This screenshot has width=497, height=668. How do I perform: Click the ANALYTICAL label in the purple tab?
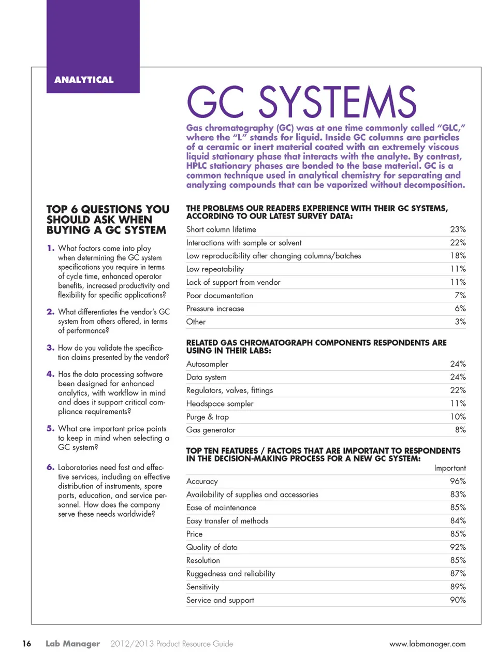pos(84,80)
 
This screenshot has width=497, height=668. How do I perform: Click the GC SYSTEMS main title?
pos(301,102)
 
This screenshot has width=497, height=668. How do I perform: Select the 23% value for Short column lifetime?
pos(458,229)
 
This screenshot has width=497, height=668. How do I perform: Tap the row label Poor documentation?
pos(220,296)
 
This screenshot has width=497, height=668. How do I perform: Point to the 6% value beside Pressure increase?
pos(460,309)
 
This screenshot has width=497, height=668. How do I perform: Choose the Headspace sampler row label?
pos(220,404)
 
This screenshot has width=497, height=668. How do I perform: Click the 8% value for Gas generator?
pos(460,430)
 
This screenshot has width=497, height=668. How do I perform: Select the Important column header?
pos(449,468)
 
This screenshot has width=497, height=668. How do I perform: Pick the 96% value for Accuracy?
pos(458,481)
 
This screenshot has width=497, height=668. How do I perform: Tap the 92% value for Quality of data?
pos(458,547)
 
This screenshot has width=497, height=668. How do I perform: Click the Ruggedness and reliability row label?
pos(230,574)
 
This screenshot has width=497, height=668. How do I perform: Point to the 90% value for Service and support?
pos(458,600)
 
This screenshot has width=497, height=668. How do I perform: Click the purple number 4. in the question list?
pos(50,374)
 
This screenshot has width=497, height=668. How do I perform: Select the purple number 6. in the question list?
pos(50,467)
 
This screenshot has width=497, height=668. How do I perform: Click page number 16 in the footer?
pos(26,644)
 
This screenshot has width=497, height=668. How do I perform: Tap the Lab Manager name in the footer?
pos(72,644)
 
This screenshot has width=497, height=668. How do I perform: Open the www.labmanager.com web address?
pos(427,644)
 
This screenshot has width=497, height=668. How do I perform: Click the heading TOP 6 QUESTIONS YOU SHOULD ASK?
pos(108,220)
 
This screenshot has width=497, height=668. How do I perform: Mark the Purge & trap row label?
pos(207,417)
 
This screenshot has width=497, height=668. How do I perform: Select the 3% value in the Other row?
pos(460,322)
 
